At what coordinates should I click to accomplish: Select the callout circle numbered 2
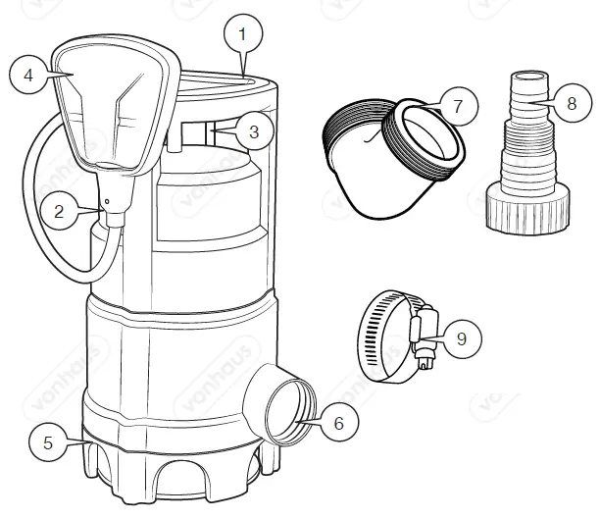60,210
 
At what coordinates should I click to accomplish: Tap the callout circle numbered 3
253,131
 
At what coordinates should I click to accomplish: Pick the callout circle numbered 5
46,441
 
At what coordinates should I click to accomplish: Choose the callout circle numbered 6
338,423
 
